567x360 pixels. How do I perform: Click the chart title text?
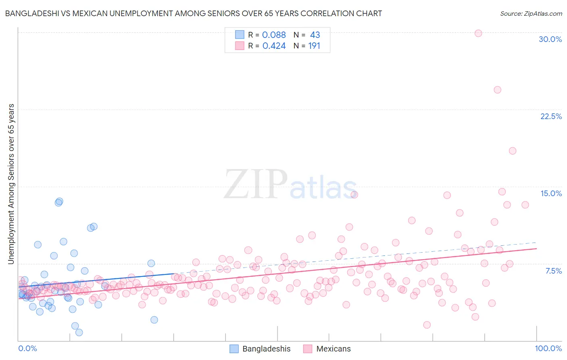[x=194, y=13]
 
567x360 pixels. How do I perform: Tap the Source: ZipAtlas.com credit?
[x=531, y=13]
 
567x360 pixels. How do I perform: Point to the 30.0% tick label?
[x=550, y=39]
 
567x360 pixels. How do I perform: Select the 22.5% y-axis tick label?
[x=551, y=116]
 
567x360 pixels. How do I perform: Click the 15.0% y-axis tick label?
[x=551, y=193]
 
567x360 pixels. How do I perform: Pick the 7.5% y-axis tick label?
[x=553, y=271]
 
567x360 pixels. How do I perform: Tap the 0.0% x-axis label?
[x=27, y=348]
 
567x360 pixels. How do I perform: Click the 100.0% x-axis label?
[x=548, y=348]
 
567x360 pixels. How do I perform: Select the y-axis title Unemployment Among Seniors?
[x=11, y=184]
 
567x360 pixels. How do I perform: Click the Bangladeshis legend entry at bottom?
[x=260, y=349]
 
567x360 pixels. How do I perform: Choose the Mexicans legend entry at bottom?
[x=327, y=349]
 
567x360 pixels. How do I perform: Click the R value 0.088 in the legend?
[x=274, y=35]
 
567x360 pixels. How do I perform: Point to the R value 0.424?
[x=274, y=46]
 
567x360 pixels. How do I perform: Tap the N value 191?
[x=314, y=46]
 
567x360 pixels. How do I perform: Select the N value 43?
[x=315, y=35]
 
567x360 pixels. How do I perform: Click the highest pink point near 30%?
[x=478, y=33]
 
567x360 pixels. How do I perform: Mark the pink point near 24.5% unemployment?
[x=497, y=90]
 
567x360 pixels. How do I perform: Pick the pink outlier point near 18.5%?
[x=513, y=151]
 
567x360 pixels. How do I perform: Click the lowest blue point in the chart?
[x=79, y=332]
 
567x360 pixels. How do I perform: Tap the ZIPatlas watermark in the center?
[x=290, y=185]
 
